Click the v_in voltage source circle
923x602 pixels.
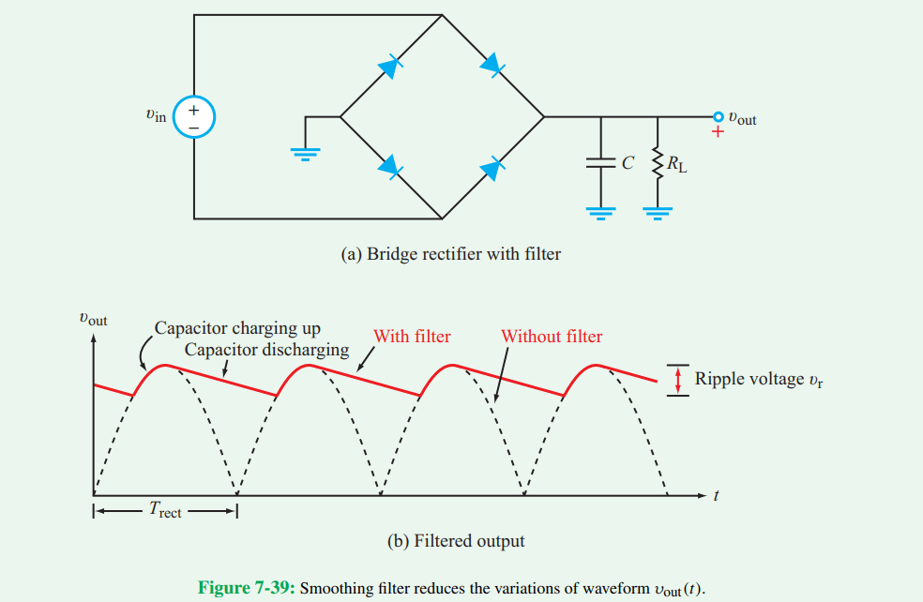click(x=194, y=117)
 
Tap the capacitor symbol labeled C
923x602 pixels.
click(x=600, y=162)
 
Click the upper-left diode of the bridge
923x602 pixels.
click(x=389, y=66)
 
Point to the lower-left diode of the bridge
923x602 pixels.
click(x=389, y=167)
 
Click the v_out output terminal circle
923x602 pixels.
click(x=719, y=116)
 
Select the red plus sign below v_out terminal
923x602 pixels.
click(x=719, y=132)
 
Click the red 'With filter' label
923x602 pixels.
click(x=412, y=336)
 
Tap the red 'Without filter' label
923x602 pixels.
click(x=552, y=336)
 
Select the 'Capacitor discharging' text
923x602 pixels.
click(x=266, y=350)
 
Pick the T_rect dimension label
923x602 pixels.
click(x=165, y=511)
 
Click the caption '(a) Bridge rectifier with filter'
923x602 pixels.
click(x=454, y=253)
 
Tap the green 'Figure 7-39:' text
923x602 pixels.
click(x=247, y=587)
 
